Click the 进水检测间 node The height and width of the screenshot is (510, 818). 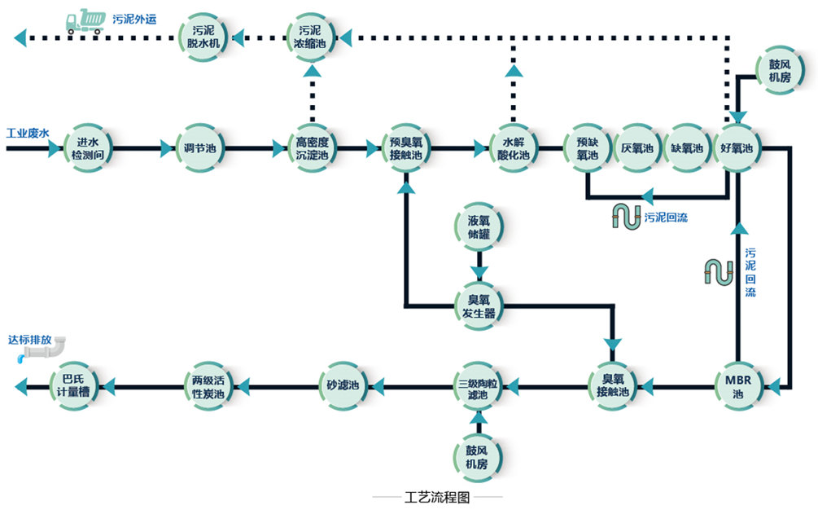click(x=87, y=148)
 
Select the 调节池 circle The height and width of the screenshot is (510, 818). click(x=199, y=148)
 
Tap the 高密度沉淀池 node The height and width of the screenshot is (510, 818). click(x=312, y=148)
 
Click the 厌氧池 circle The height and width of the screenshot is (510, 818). click(x=637, y=148)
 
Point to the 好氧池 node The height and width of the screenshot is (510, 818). click(x=737, y=148)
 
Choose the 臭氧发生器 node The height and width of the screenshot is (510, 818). click(x=479, y=306)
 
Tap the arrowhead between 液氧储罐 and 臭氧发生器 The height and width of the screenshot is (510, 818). click(x=479, y=270)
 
